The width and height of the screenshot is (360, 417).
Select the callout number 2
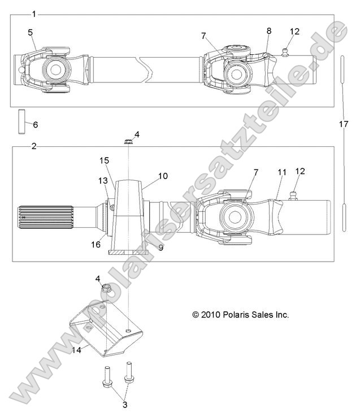click(34, 146)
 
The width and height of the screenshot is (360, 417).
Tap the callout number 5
click(30, 32)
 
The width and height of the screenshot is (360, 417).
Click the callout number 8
click(268, 31)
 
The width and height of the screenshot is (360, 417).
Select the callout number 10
click(163, 176)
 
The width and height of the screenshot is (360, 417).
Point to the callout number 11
click(282, 171)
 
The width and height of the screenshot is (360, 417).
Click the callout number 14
click(76, 350)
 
